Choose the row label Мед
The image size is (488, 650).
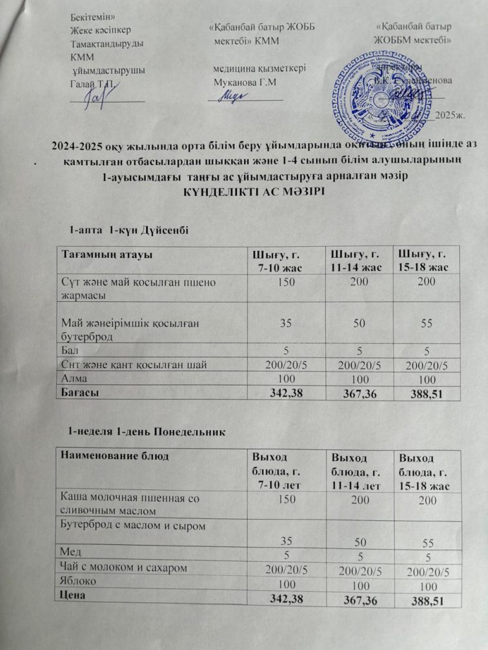[70, 552]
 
